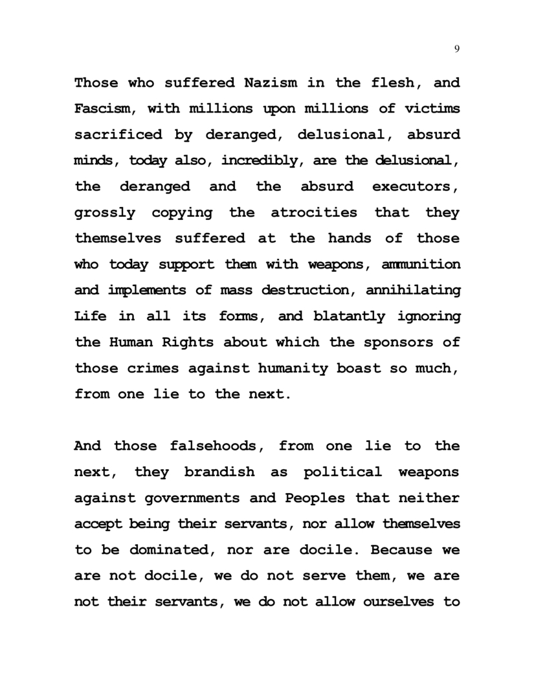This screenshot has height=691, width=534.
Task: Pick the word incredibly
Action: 263,160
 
